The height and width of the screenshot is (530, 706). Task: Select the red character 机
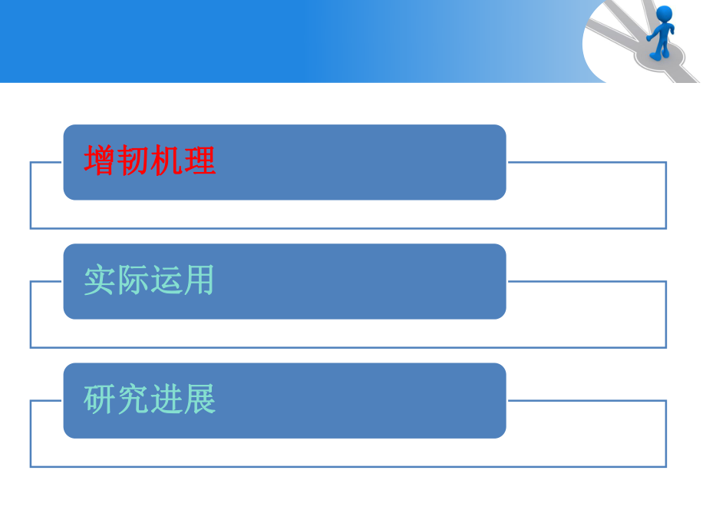[167, 161]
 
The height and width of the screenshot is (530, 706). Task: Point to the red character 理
[200, 161]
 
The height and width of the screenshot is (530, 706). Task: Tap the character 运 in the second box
[167, 281]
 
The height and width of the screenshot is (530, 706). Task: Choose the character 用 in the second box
[200, 281]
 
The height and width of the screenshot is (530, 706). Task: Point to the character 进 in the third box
[167, 400]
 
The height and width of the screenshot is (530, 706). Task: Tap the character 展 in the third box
[200, 400]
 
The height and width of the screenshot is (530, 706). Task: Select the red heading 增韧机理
[150, 161]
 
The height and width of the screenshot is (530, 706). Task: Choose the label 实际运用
[150, 281]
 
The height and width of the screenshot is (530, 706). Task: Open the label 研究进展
[150, 400]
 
